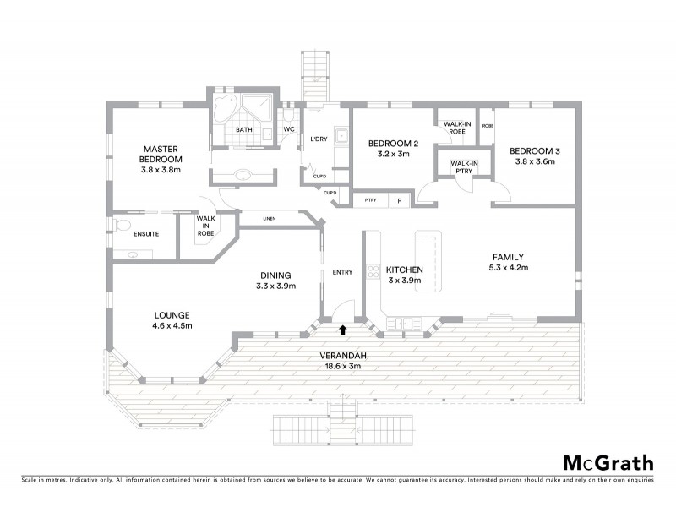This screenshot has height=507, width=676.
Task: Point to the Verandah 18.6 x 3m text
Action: (x=343, y=361)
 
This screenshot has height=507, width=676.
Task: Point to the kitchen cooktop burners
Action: (x=373, y=271)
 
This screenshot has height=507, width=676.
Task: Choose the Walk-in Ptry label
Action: (x=464, y=166)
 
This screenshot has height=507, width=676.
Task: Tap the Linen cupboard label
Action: (x=270, y=220)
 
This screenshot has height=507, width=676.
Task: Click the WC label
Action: (x=287, y=129)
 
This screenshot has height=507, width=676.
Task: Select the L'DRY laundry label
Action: (x=319, y=139)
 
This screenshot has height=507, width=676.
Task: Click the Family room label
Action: (x=510, y=257)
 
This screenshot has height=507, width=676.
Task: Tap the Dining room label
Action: (x=275, y=275)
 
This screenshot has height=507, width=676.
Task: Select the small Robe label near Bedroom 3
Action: (x=488, y=126)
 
